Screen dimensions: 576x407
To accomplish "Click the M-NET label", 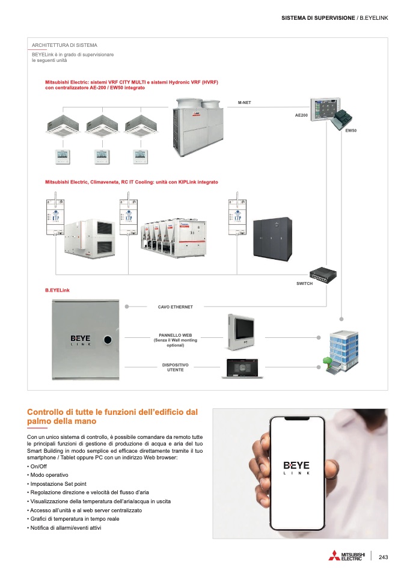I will point(244,103).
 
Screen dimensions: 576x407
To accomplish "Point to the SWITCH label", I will point(305,284).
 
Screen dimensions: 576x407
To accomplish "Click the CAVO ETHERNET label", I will point(176,307).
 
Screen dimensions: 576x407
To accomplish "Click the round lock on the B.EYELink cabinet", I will point(108,340).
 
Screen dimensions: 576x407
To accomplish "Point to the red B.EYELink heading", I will point(57,290).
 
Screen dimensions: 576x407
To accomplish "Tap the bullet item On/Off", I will point(37,467).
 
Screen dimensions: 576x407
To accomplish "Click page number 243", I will point(383,557).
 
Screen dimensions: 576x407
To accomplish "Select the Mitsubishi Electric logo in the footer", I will point(346,556).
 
